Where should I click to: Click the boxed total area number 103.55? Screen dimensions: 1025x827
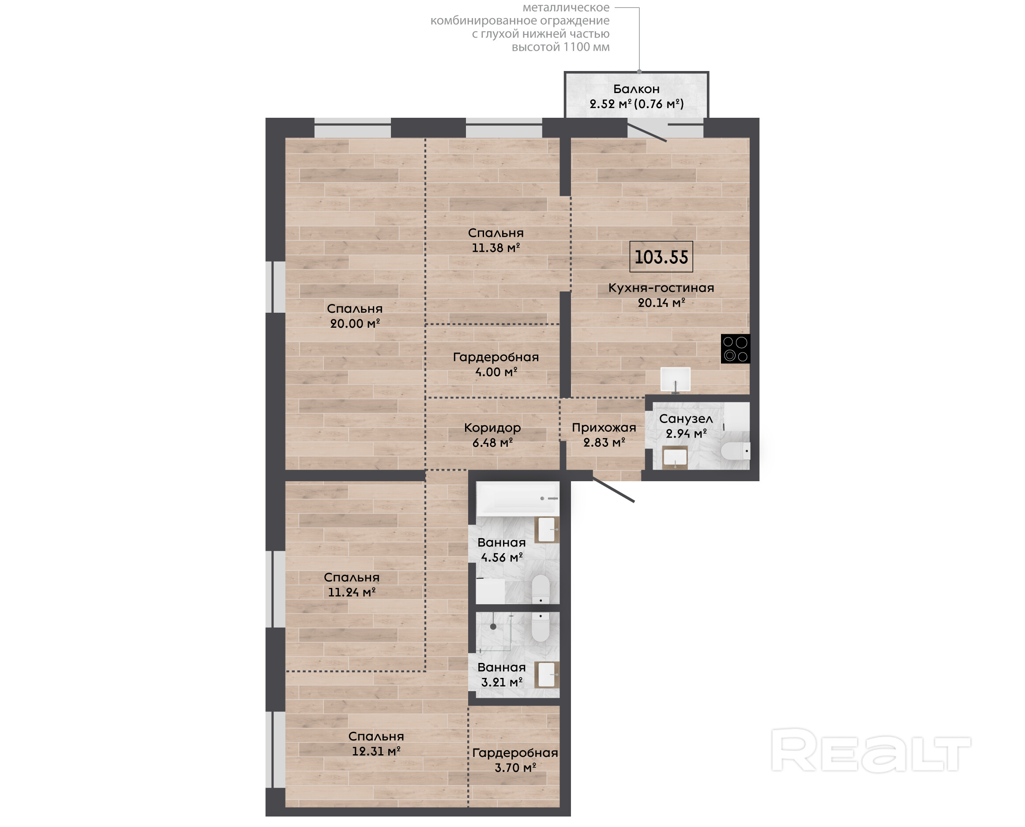[661, 257]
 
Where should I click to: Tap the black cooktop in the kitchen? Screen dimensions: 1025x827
[735, 348]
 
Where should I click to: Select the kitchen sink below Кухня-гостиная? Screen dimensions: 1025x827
[675, 380]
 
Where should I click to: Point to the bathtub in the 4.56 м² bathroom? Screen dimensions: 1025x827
[518, 498]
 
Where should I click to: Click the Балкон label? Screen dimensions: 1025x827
[636, 89]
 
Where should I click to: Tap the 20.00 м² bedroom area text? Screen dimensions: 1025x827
[355, 323]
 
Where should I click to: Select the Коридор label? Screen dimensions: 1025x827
[492, 428]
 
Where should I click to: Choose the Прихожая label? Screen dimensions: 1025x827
[604, 428]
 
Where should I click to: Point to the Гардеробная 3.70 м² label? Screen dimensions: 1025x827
[515, 760]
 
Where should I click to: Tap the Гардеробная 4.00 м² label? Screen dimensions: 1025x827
[496, 364]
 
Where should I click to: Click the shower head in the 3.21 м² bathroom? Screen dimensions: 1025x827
[493, 626]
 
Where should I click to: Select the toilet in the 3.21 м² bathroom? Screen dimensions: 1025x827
[541, 627]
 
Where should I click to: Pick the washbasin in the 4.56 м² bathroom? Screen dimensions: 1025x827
[547, 530]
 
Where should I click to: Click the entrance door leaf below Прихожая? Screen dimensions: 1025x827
[614, 490]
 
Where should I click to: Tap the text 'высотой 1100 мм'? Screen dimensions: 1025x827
[560, 47]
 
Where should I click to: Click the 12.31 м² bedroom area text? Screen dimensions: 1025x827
[376, 751]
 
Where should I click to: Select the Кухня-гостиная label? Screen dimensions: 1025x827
[661, 288]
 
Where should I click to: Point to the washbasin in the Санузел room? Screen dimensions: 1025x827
[675, 457]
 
